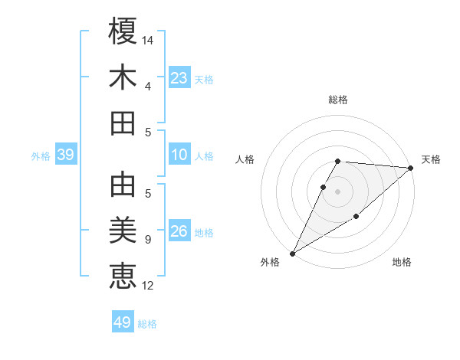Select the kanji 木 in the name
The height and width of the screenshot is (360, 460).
[x=123, y=77]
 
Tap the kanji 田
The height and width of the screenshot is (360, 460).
[x=123, y=123]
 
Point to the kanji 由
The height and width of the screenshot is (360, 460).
[x=123, y=184]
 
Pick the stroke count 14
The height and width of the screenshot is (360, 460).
[x=149, y=39]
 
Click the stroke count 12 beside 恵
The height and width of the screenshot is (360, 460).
[x=149, y=286]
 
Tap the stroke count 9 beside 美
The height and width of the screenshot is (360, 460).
[x=147, y=240]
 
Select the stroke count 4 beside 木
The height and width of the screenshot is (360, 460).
[x=147, y=87]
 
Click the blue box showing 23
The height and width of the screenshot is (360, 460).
[x=179, y=77]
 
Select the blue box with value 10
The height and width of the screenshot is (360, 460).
[x=179, y=155]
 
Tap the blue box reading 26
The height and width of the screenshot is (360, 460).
[x=179, y=231]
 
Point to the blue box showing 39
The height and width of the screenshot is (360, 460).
[x=66, y=155]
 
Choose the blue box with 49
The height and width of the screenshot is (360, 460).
[x=123, y=322]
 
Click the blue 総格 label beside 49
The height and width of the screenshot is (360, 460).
[x=147, y=324]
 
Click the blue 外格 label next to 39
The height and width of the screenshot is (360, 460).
[x=41, y=156]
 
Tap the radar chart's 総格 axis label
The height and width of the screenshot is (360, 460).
[x=338, y=100]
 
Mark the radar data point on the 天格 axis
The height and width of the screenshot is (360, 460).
[x=411, y=168]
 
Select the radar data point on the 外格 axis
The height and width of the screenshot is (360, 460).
[x=292, y=253]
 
